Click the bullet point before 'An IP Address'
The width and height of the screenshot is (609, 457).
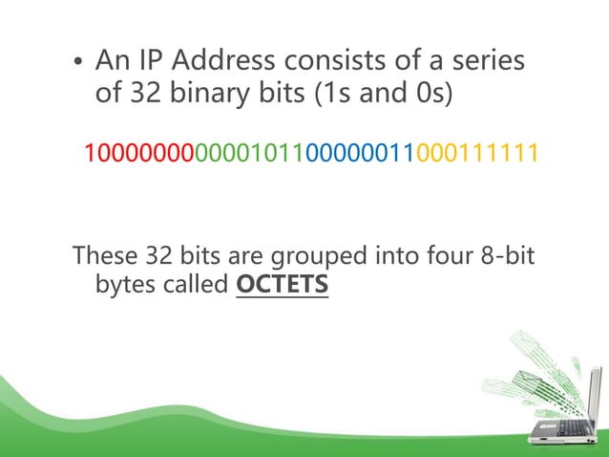pos(79,65)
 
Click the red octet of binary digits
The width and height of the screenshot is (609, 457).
pos(139,153)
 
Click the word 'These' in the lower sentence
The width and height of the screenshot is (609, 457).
pos(105,256)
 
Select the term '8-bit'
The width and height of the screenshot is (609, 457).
pos(509,256)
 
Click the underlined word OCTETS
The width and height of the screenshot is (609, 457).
pos(281,286)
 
